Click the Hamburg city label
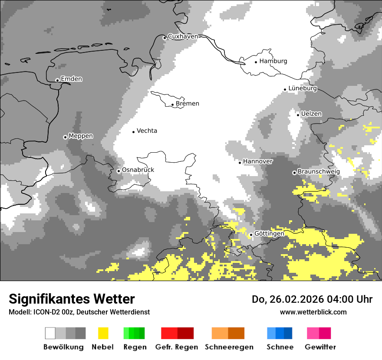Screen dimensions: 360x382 coord(273,61)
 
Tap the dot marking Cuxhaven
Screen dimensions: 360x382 coord(165,38)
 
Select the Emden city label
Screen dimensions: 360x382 coord(71,79)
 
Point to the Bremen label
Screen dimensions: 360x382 coord(188,104)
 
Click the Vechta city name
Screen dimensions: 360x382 coord(147,131)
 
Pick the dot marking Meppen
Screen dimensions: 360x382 coord(65,137)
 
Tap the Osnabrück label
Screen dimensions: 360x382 coord(138,170)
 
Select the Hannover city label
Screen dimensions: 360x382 coord(258,161)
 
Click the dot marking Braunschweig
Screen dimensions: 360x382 coord(294,173)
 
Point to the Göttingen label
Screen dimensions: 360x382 coord(269,234)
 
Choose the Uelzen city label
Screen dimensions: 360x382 coord(312,114)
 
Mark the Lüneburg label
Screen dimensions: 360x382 coord(303,88)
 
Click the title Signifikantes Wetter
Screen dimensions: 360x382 coord(72,299)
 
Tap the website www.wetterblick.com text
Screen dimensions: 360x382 coord(313,312)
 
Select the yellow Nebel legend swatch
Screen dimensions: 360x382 coord(103,333)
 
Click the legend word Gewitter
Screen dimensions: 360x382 coord(320,347)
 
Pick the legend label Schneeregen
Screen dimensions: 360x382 coord(229,347)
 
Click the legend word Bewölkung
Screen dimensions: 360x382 coord(63,347)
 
